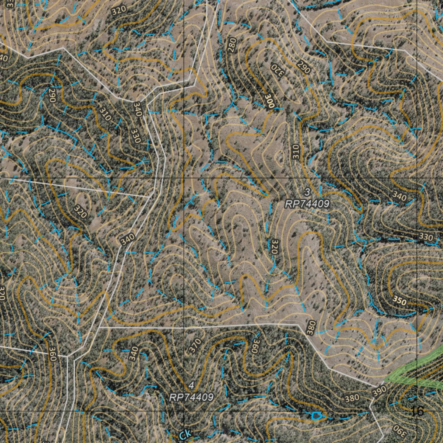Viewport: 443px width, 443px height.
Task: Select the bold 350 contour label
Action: (399, 301)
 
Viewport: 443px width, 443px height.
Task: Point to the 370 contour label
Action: (195, 345)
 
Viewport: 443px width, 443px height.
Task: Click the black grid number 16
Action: (418, 411)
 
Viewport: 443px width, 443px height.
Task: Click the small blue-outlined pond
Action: (316, 416)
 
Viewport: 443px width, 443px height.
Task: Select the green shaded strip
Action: (413, 370)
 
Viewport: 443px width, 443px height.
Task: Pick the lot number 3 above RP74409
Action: (307, 192)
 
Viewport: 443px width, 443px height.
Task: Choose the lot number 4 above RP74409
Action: (191, 385)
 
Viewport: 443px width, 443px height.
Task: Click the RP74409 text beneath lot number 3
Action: (307, 204)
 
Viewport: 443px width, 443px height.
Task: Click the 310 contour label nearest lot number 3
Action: (295, 151)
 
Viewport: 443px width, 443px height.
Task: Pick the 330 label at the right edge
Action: (426, 237)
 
